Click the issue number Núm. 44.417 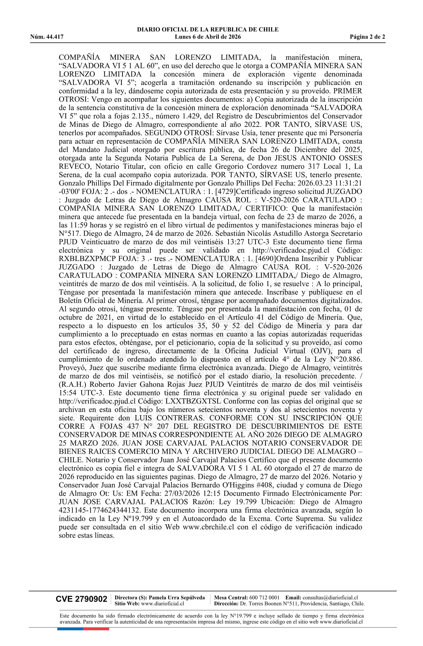coord(47,37)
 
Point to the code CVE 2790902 coord(82,599)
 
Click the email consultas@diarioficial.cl coord(330,597)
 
